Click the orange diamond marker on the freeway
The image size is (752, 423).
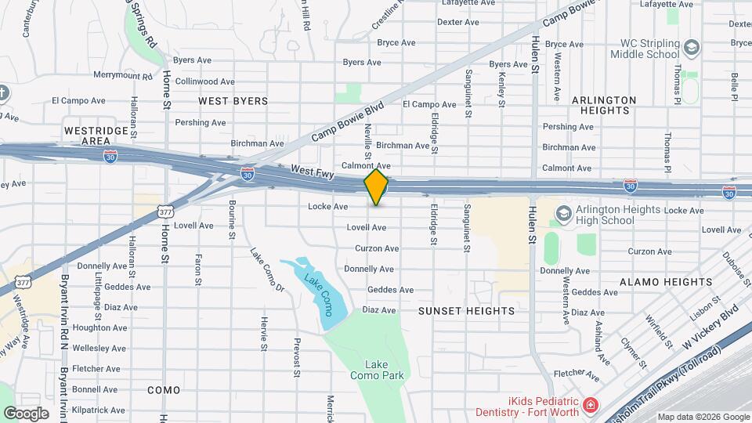pos(376,187)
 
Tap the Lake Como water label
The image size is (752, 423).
pos(320,291)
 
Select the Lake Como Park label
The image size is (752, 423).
pos(384,370)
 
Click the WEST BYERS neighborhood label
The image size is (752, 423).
pos(233,101)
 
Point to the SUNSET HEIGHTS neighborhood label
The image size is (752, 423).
pos(466,311)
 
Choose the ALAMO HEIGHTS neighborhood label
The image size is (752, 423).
pos(653,281)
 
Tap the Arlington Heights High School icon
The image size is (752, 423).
pos(562,213)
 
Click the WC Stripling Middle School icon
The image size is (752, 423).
pos(691,48)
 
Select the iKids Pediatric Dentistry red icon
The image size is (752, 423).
pos(589,407)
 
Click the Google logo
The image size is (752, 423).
pos(26,413)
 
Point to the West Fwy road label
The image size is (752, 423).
pos(312,170)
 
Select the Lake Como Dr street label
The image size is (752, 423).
pos(267,269)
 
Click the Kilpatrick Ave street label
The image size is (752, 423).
pos(98,410)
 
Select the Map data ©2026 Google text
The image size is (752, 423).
pos(703,417)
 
